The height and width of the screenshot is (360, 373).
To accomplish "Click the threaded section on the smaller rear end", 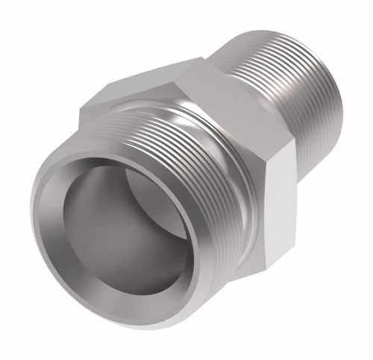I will pyautogui.click(x=298, y=75).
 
